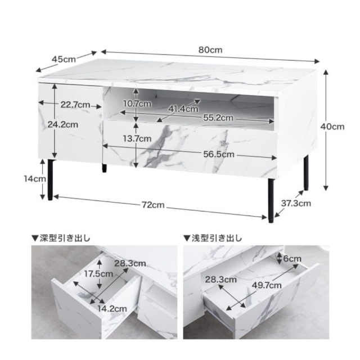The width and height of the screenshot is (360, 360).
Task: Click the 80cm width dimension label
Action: [x=210, y=50]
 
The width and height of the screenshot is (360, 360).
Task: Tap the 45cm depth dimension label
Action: [x=64, y=59]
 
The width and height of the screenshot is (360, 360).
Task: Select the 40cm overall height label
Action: [x=332, y=127]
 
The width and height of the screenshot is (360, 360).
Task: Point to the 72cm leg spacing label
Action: [x=153, y=205]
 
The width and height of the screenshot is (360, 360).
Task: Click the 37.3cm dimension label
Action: [x=296, y=203]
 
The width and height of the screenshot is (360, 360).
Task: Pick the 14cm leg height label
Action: [x=35, y=179]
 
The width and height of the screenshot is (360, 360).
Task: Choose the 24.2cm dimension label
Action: [x=62, y=124]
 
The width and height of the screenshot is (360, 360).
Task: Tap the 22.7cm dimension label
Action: [x=75, y=105]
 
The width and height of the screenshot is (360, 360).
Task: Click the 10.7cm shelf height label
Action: [x=137, y=103]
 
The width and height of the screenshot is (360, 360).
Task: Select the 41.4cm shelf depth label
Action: [x=183, y=109]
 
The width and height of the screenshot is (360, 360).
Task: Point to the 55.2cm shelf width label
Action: [x=218, y=118]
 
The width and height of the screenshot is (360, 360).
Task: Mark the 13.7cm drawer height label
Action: [x=137, y=139]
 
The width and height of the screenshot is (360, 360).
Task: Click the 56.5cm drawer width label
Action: [x=219, y=154]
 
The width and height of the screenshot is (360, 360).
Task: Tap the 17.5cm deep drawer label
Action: [x=98, y=274]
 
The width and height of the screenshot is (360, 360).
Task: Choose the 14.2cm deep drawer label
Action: [x=112, y=309]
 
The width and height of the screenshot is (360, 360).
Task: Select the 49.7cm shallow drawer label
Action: [x=267, y=285]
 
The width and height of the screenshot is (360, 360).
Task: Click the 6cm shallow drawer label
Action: [x=292, y=259]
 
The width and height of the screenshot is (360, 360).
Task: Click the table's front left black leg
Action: [x=51, y=179]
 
